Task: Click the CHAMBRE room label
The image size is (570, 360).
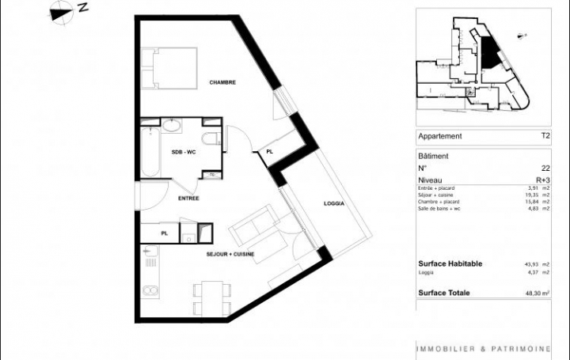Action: (x=222, y=82)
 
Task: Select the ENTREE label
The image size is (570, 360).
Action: (x=188, y=199)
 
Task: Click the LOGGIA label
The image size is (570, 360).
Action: (x=334, y=204)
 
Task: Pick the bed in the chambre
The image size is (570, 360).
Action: (x=168, y=69)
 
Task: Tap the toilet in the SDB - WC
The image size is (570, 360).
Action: (x=210, y=141)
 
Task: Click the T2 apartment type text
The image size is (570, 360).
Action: (x=545, y=136)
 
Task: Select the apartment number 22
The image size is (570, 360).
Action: (x=545, y=168)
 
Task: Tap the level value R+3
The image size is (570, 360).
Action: (x=542, y=180)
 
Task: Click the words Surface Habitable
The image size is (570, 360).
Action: (x=450, y=264)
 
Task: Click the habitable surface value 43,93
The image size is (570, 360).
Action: (x=534, y=264)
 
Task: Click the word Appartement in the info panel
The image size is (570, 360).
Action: (x=439, y=136)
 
